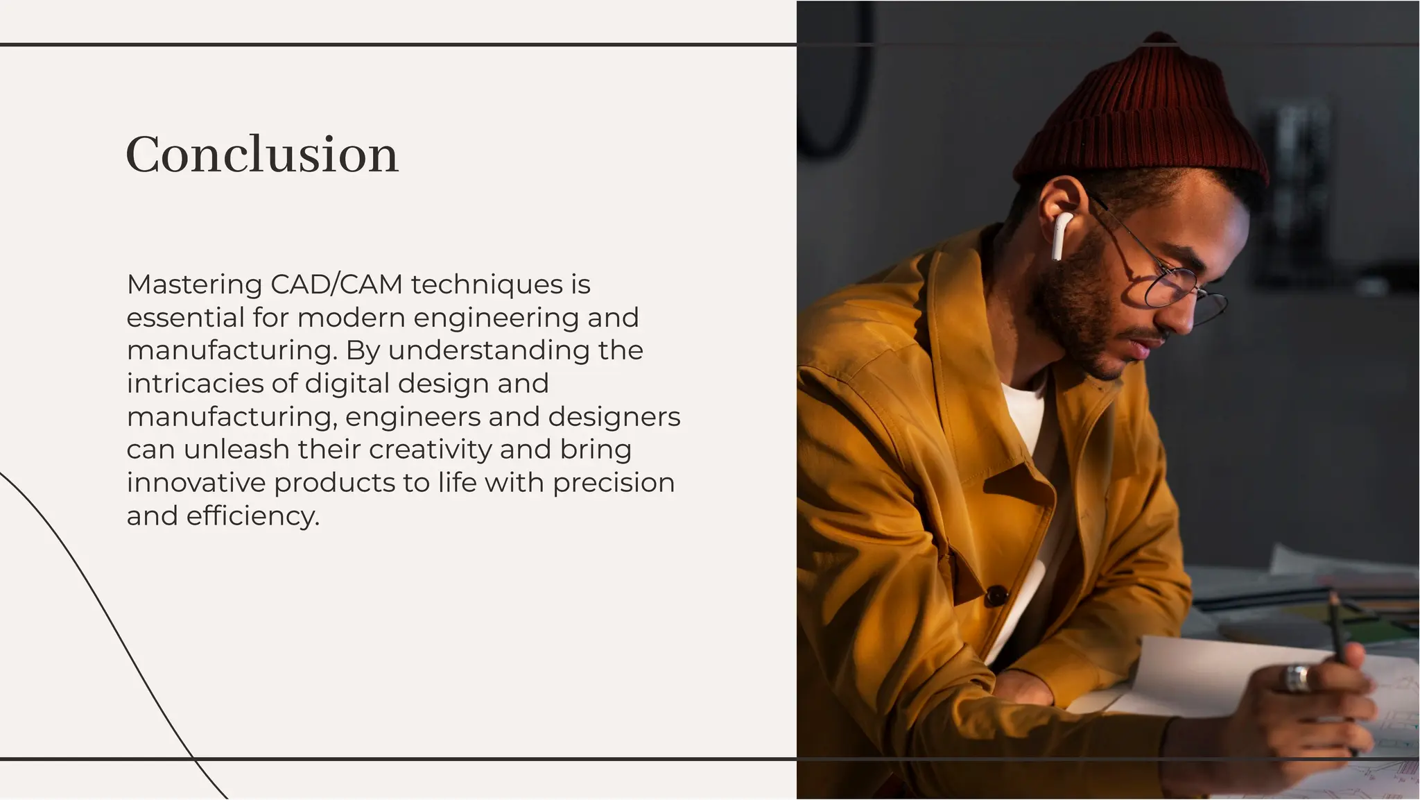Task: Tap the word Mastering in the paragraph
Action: click(x=194, y=284)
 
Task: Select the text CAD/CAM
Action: click(x=336, y=284)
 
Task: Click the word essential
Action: click(x=185, y=318)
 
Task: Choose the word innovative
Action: click(x=196, y=483)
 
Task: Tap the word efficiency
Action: click(x=252, y=516)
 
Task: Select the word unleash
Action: click(x=236, y=450)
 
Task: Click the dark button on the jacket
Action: click(x=996, y=595)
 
